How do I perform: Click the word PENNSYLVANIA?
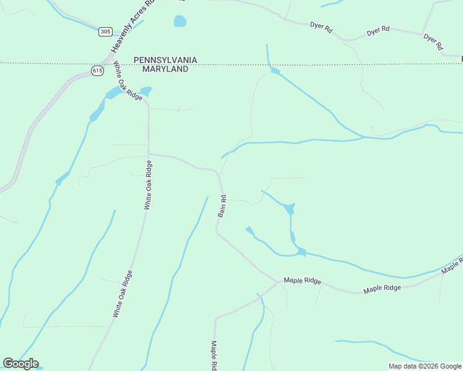tap(165, 60)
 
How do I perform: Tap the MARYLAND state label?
tap(165, 69)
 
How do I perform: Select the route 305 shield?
tap(105, 32)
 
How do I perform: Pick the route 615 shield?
tap(97, 70)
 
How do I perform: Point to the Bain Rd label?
tap(222, 207)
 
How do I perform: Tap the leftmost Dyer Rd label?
tap(321, 27)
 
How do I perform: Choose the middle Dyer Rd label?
tap(378, 30)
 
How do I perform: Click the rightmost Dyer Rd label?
tap(433, 41)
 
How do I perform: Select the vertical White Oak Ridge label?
tap(147, 184)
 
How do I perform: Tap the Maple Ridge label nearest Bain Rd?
tap(302, 281)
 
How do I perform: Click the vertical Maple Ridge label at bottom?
tap(214, 355)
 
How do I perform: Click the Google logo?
tap(20, 364)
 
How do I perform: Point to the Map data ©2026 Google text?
tap(425, 366)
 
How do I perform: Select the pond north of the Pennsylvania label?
tap(180, 22)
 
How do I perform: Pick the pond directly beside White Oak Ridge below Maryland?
tap(146, 92)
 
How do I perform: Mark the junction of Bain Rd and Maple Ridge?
tap(277, 282)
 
